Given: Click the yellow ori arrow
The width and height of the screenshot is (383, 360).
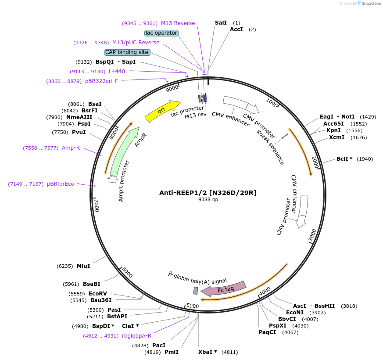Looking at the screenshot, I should [x=162, y=111].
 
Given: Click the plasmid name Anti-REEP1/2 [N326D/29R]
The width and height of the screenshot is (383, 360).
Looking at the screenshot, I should [x=208, y=193].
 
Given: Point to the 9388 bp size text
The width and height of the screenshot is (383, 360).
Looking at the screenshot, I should [x=208, y=200].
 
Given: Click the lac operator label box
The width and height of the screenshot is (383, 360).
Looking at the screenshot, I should [x=161, y=33].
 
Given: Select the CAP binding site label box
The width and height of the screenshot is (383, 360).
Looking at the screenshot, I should [x=127, y=52].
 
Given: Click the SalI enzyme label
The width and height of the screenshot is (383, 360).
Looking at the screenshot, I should [x=221, y=22].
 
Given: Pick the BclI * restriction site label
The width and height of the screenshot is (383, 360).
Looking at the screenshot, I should [x=344, y=158].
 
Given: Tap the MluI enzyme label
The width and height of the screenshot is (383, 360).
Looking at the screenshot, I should [x=83, y=266].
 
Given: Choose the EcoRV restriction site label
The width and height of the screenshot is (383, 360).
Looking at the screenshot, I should [x=97, y=293].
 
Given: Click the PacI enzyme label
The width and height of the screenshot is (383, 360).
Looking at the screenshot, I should [x=159, y=345].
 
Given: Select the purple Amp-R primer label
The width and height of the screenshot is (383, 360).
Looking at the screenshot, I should [x=71, y=148].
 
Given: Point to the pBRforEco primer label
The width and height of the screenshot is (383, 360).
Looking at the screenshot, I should [x=60, y=184].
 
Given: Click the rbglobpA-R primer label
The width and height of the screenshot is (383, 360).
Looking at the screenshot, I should [x=136, y=336].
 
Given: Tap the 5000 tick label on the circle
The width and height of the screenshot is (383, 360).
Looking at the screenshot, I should [x=193, y=306].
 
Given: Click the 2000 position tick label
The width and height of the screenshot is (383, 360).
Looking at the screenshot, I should [x=315, y=160].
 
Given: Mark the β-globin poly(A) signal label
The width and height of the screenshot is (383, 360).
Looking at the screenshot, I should [x=197, y=278].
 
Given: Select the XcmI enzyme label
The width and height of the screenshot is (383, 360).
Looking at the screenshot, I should [x=336, y=137].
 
